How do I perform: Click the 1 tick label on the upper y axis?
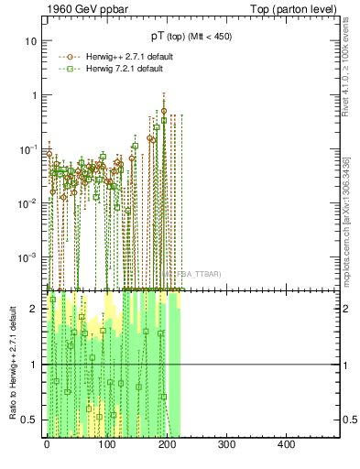click(x=34, y=95)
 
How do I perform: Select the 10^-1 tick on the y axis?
click(x=29, y=148)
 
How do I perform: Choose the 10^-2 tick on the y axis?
click(x=29, y=202)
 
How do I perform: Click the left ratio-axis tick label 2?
click(x=34, y=309)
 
